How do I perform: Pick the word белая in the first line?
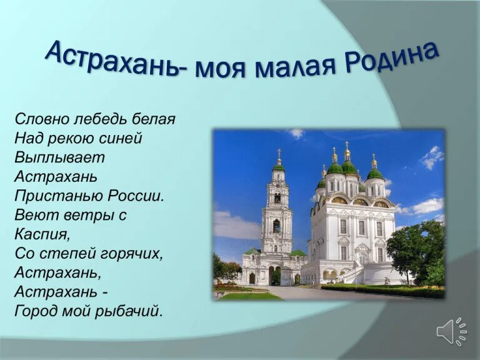153,119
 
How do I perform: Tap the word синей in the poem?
120,138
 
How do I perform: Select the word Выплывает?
60,157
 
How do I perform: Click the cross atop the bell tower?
279,152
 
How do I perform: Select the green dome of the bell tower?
279,167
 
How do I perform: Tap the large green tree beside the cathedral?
416,251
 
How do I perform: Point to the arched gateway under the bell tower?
274,275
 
